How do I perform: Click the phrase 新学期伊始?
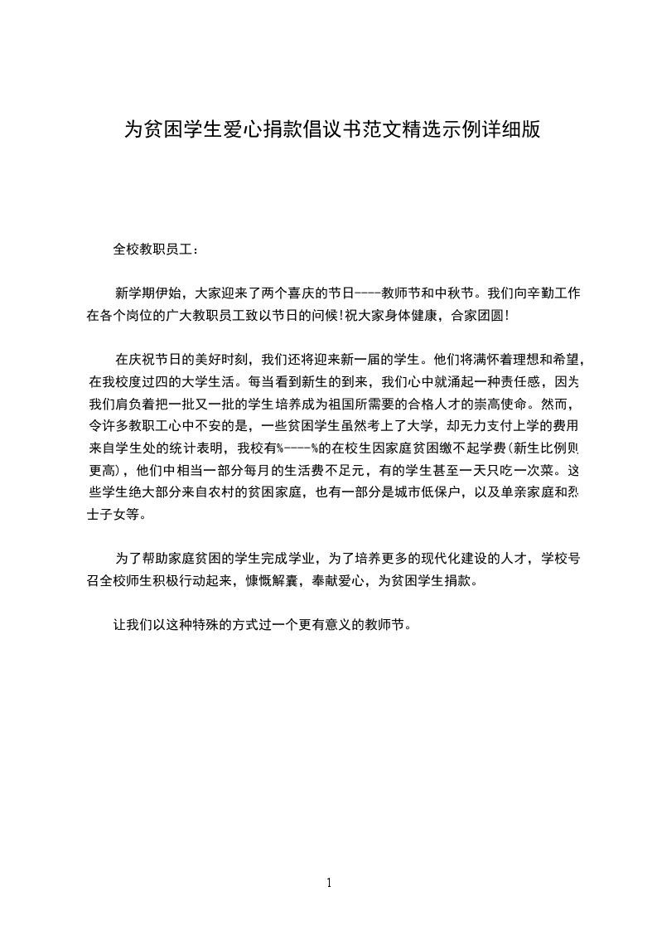[150, 293]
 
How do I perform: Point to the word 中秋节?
[450, 293]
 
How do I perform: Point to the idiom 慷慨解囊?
[274, 582]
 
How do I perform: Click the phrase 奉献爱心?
[340, 582]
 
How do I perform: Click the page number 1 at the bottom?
[329, 883]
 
